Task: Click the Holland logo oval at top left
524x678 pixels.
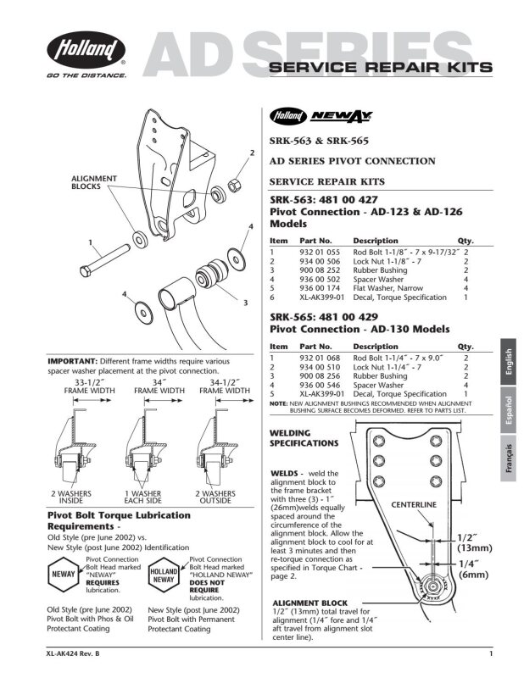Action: pyautogui.click(x=86, y=49)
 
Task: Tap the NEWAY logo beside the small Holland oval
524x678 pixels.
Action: pyautogui.click(x=342, y=116)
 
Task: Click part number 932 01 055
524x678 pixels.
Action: pyautogui.click(x=320, y=252)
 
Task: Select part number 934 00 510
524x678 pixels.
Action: pyautogui.click(x=320, y=367)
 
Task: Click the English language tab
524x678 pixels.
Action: pyautogui.click(x=509, y=362)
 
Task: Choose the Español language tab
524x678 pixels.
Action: pyautogui.click(x=509, y=409)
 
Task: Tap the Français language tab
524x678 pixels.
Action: pyautogui.click(x=509, y=458)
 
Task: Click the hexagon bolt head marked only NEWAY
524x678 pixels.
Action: pyautogui.click(x=64, y=575)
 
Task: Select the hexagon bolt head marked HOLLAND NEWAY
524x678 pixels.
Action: pyautogui.click(x=164, y=575)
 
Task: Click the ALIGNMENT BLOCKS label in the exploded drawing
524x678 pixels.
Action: pyautogui.click(x=94, y=182)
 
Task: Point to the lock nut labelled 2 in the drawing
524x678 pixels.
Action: pyautogui.click(x=234, y=186)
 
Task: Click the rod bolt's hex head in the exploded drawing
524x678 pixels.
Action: pyautogui.click(x=86, y=271)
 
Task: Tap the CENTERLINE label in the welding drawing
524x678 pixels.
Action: pyautogui.click(x=414, y=504)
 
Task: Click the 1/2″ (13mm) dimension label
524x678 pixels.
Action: pyautogui.click(x=475, y=543)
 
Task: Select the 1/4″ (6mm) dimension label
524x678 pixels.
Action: pyautogui.click(x=473, y=570)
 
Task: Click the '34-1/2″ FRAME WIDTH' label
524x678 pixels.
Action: pyautogui.click(x=225, y=386)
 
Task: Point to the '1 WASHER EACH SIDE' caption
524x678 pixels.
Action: pyautogui.click(x=142, y=497)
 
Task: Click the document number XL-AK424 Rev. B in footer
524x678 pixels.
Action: pyautogui.click(x=73, y=653)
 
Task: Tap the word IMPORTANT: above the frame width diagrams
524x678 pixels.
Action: pyautogui.click(x=72, y=362)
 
